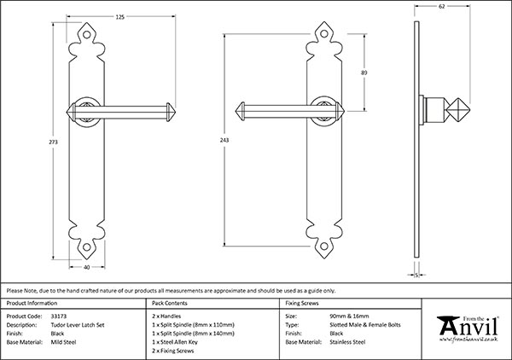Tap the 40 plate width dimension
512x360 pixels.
[x=89, y=267]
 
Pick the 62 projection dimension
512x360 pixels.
[x=441, y=8]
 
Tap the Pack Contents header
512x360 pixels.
[x=169, y=303]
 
